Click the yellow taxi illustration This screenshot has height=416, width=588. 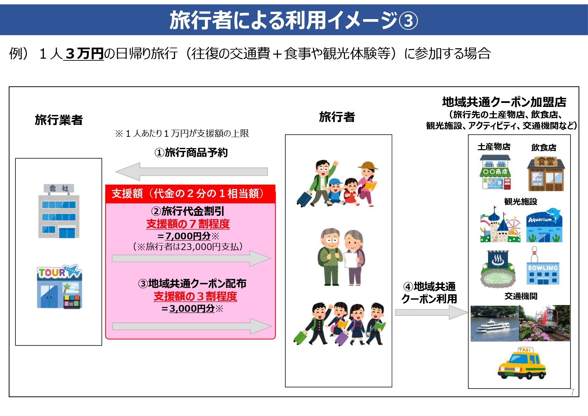click(x=522, y=363)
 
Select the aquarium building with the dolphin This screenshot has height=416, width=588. click(x=544, y=225)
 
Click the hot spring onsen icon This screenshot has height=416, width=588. click(x=498, y=269)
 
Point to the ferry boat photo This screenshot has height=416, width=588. click(x=495, y=323)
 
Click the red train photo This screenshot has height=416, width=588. click(x=544, y=323)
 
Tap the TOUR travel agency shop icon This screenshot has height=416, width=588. click(x=59, y=287)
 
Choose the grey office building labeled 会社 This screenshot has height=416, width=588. click(x=59, y=211)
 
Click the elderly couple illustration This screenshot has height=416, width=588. click(x=341, y=257)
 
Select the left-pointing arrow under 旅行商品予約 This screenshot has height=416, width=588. click(x=191, y=172)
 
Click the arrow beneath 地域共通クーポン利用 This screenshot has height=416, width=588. click(x=431, y=312)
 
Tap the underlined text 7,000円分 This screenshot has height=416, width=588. click(x=188, y=236)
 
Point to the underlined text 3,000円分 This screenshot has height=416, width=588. click(x=192, y=308)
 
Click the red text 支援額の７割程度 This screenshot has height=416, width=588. click(x=188, y=224)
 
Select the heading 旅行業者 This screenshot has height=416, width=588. click(x=59, y=120)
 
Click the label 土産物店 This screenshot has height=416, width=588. click(x=494, y=147)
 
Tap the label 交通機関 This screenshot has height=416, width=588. click(x=521, y=296)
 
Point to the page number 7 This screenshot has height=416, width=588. click(x=573, y=392)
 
